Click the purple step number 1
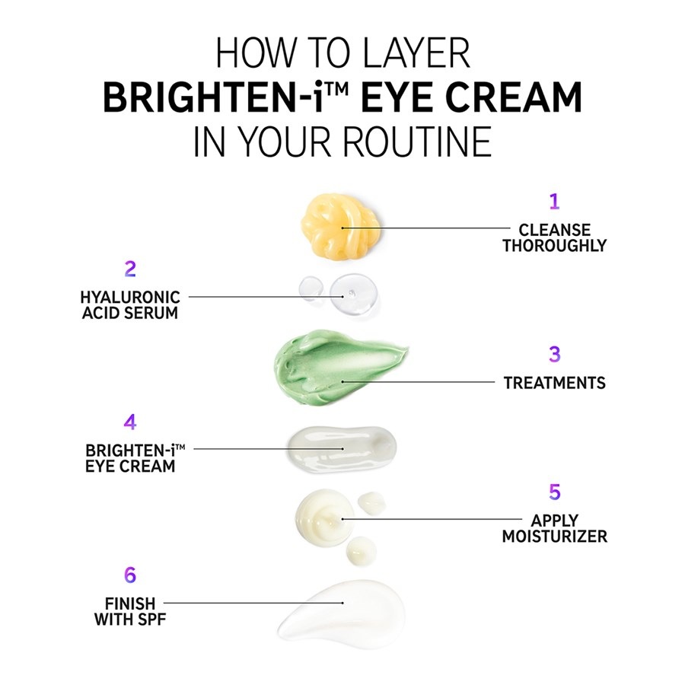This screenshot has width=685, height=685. pyautogui.click(x=554, y=202)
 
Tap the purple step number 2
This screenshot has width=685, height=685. pyautogui.click(x=130, y=269)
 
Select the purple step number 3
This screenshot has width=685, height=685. pyautogui.click(x=554, y=354)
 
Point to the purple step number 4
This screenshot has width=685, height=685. pyautogui.click(x=130, y=422)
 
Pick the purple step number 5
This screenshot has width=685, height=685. pyautogui.click(x=554, y=492)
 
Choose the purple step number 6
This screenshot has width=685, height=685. pyautogui.click(x=130, y=575)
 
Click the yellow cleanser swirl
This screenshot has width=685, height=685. pyautogui.click(x=340, y=226)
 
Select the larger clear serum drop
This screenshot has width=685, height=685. pyautogui.click(x=353, y=294)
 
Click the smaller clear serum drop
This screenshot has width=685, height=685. pyautogui.click(x=311, y=288)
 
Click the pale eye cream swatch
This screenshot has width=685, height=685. pyautogui.click(x=342, y=450)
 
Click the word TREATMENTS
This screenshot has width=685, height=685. pyautogui.click(x=554, y=383)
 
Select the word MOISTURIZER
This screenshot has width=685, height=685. pyautogui.click(x=554, y=536)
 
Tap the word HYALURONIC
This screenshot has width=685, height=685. pyautogui.click(x=130, y=298)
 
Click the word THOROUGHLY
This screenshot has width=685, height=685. pyautogui.click(x=554, y=246)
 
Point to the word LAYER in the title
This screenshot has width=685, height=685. pyautogui.click(x=416, y=53)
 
